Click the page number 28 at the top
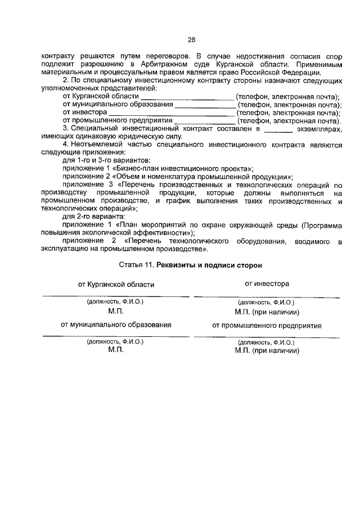[191, 40]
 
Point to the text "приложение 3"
[85, 184]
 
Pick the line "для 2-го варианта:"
[94, 216]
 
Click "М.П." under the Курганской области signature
[115, 312]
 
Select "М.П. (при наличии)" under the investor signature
[267, 312]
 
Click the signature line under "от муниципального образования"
[115, 336]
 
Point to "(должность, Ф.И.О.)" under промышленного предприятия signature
[266, 341]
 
